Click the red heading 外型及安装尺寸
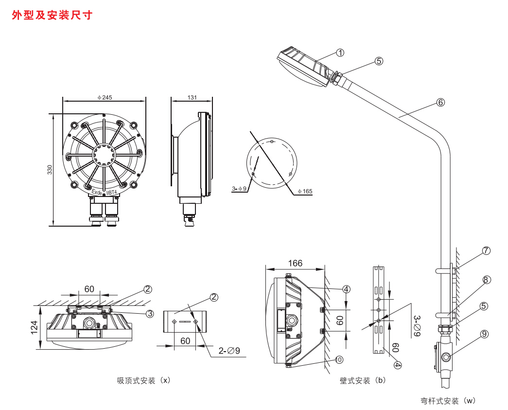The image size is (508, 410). click(52, 16)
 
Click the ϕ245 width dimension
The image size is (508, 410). click(105, 97)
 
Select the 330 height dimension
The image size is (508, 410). click(49, 169)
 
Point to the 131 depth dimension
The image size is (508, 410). click(193, 97)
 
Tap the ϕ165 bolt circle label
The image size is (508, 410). click(305, 191)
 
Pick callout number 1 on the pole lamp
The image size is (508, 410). click(340, 53)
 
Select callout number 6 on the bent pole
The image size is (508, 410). click(440, 102)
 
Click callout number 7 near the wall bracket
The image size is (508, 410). click(486, 251)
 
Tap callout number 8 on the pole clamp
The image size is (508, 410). click(486, 280)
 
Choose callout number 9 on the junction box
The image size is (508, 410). click(484, 334)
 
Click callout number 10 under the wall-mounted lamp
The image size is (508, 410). click(339, 360)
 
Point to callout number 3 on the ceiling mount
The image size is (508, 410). click(150, 314)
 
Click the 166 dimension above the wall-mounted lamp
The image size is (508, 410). click(295, 263)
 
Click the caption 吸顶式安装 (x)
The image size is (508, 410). click(144, 380)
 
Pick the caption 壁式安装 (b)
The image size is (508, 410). click(362, 380)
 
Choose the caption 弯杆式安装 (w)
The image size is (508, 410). click(448, 401)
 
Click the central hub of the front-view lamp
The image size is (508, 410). click(104, 155)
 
